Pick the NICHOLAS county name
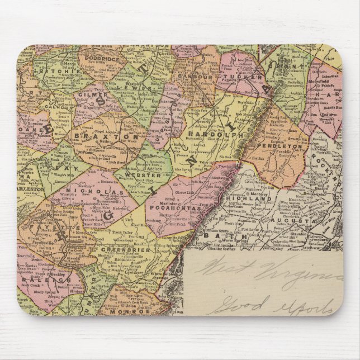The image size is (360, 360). (x=95, y=192)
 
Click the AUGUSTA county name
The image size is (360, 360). (x=299, y=221)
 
